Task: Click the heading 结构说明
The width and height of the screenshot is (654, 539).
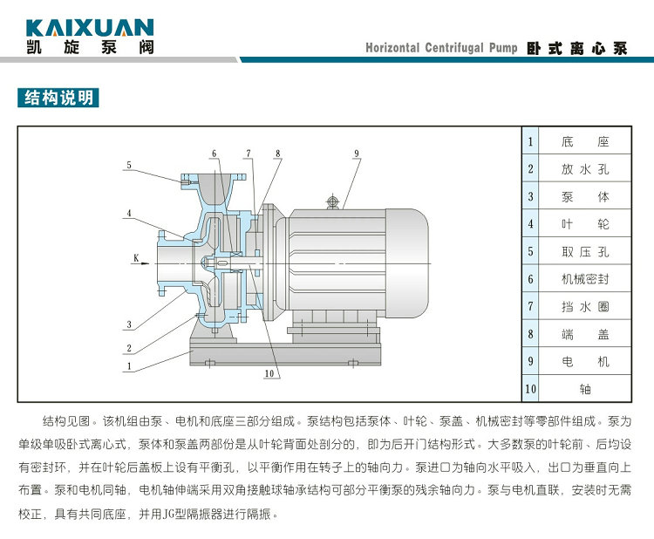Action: [58, 97]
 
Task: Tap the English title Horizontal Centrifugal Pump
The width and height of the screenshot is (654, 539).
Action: [441, 48]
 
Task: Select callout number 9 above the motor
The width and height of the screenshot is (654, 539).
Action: [357, 154]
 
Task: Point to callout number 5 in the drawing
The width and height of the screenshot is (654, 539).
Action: [128, 164]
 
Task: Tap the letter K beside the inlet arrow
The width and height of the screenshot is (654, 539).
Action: [136, 256]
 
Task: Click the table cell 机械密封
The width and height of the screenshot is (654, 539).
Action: [585, 280]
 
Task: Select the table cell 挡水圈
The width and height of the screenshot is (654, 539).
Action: [585, 307]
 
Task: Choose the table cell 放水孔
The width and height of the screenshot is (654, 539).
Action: [585, 169]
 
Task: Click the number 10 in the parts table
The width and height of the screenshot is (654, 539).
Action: [530, 388]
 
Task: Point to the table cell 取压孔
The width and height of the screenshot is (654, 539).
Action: [585, 252]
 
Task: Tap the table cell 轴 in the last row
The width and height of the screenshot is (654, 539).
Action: [585, 388]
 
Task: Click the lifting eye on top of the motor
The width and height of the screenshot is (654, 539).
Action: [331, 201]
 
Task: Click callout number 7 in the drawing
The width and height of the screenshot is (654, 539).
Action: [248, 154]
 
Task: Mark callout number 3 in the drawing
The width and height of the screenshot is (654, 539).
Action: [128, 325]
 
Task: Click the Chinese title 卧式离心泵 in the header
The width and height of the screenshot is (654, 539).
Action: [577, 48]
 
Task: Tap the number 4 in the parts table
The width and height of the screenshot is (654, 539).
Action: [530, 224]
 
